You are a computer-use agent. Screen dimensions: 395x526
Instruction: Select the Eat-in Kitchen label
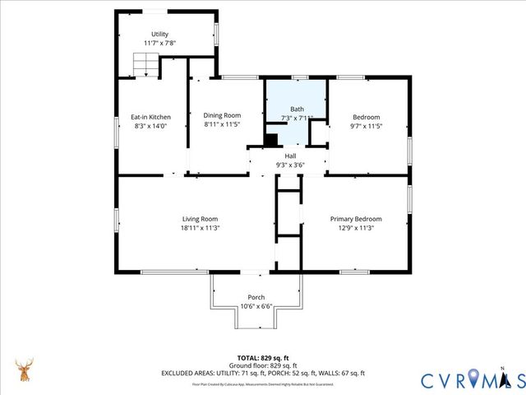point(151,117)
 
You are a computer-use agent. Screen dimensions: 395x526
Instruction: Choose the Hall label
point(290,156)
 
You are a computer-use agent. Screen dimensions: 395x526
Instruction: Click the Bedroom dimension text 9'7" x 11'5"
point(367,126)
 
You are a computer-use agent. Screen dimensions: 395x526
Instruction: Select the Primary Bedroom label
point(356,219)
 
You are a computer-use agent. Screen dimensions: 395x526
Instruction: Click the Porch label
point(256,297)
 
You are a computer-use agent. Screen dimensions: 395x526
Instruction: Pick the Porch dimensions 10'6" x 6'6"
point(256,306)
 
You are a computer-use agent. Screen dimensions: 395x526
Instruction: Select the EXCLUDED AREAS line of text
point(262,373)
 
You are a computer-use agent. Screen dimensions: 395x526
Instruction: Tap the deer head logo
point(24,369)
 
